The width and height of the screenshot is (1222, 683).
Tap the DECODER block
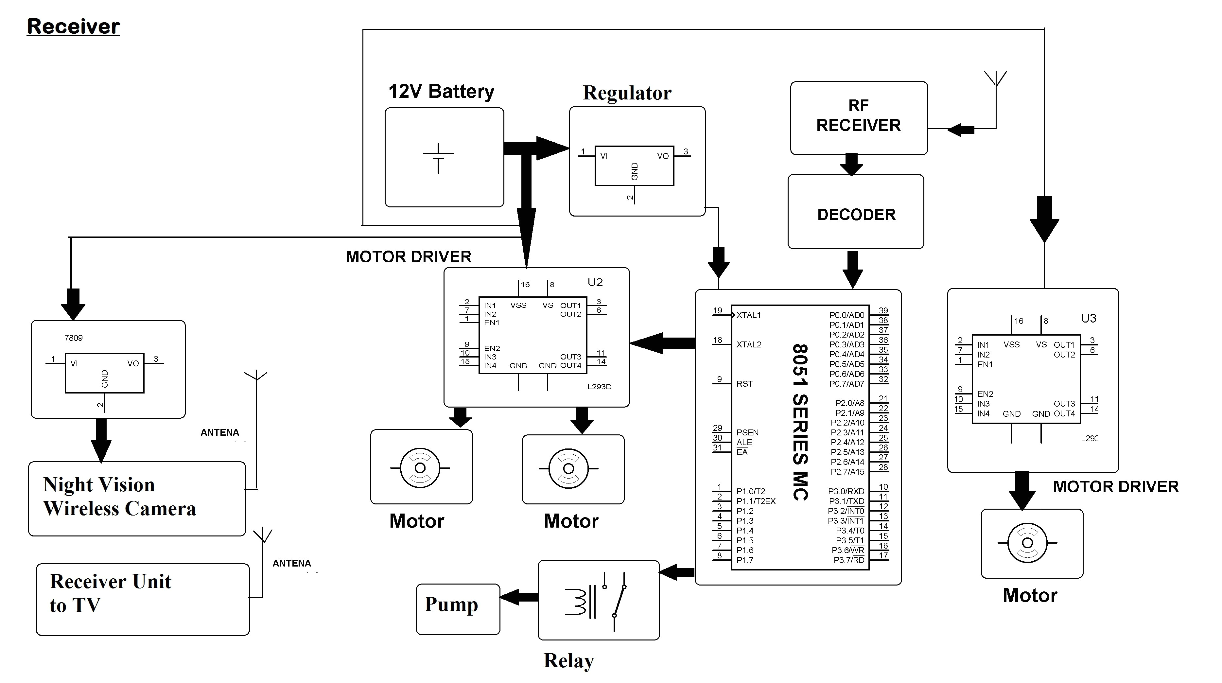856,214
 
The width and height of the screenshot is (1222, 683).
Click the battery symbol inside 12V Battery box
438,158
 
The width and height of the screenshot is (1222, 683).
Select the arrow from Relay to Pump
518,597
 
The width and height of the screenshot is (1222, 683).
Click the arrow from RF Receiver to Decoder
851,164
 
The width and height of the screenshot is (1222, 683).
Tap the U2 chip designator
595,282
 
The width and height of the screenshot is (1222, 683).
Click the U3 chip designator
1088,318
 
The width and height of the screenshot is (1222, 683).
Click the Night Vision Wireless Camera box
137,498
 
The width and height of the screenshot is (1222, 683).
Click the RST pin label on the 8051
744,384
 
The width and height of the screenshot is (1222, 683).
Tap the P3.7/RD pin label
849,560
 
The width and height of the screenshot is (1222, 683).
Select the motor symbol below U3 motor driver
1027,543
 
